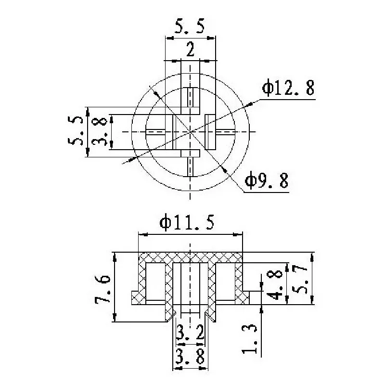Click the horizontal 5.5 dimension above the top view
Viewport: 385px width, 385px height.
pyautogui.click(x=189, y=26)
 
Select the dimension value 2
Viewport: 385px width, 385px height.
pyautogui.click(x=190, y=50)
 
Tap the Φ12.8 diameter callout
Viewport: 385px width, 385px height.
pyautogui.click(x=288, y=88)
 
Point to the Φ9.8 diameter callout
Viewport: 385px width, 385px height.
pyautogui.click(x=267, y=181)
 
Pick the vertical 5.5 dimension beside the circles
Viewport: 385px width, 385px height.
pyautogui.click(x=76, y=131)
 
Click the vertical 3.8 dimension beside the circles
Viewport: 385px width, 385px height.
pyautogui.click(x=100, y=131)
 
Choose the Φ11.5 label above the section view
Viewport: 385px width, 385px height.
pyautogui.click(x=187, y=222)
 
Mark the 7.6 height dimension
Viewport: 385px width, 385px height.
pyautogui.click(x=103, y=289)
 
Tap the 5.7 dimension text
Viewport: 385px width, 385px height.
pyautogui.click(x=300, y=280)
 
